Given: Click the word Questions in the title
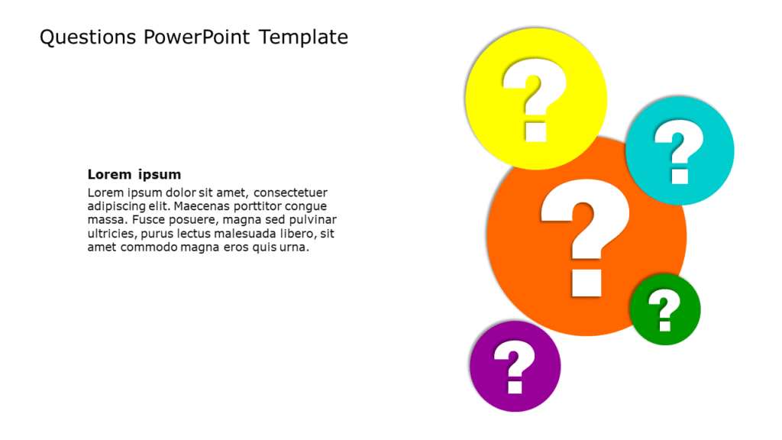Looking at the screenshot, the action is [x=88, y=37].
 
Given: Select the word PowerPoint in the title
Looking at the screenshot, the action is [x=196, y=37].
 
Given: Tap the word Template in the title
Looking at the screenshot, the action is [x=303, y=37].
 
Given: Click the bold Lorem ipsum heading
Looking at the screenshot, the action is [x=134, y=174].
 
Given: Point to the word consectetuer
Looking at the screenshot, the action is [x=290, y=192].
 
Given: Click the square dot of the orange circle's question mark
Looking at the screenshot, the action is [x=586, y=283].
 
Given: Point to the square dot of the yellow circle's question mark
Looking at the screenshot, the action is [x=536, y=132].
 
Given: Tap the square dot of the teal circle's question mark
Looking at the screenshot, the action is [x=680, y=176].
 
